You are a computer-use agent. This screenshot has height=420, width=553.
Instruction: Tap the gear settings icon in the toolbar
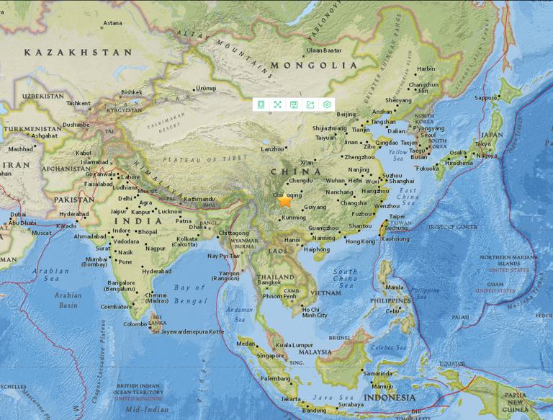(x=327, y=104)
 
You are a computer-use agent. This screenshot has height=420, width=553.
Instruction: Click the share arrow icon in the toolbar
(x=310, y=104)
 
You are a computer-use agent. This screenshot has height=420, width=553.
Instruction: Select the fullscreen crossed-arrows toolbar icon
(x=277, y=104)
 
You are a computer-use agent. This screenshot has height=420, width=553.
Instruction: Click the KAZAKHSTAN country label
(x=78, y=53)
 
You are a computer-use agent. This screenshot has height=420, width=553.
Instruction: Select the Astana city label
(x=112, y=23)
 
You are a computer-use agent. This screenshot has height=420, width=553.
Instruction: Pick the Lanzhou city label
(x=272, y=148)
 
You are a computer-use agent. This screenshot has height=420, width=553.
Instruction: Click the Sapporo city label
(x=486, y=97)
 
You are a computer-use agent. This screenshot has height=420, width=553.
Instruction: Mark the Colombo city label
(x=135, y=324)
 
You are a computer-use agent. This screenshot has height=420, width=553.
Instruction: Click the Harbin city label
(x=426, y=69)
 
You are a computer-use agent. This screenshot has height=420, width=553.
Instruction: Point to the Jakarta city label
(x=291, y=398)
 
